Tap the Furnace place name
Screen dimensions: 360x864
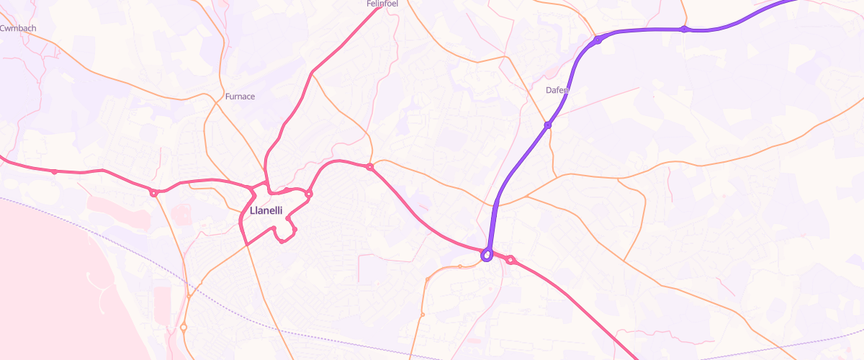point(240,96)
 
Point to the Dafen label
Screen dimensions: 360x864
point(557,91)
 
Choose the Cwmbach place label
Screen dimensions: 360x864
point(18,29)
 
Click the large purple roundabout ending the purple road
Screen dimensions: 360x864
point(487,254)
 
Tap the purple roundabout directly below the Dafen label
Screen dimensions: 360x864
point(548,125)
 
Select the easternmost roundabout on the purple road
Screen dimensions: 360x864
point(685,30)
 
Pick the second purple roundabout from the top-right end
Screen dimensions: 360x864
point(598,40)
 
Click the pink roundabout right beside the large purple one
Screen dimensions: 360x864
point(510,260)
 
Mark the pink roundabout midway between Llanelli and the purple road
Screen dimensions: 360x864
point(369,167)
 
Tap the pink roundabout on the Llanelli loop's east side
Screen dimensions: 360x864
point(309,194)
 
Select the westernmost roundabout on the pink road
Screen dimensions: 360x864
point(54,171)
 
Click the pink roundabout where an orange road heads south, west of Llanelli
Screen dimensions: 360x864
point(153,193)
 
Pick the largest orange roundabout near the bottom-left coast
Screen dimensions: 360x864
point(184,328)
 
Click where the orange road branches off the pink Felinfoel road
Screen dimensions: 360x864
point(312,73)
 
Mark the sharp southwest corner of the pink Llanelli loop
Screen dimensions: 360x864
point(246,245)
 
